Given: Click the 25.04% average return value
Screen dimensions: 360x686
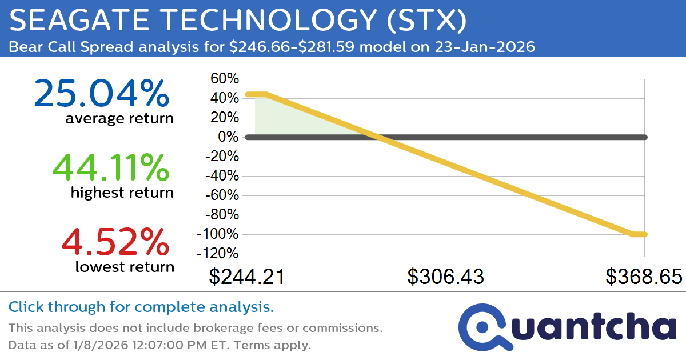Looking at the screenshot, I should (102, 94).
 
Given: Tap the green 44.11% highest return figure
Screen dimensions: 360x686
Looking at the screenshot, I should (110, 167).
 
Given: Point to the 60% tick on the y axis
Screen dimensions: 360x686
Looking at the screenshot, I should (225, 78).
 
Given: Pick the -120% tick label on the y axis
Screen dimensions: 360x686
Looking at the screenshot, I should (218, 254).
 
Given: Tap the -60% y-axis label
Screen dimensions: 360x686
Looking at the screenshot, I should (221, 195).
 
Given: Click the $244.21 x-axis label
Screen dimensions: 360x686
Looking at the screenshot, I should (247, 277).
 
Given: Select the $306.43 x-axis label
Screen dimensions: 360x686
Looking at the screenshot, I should (445, 277).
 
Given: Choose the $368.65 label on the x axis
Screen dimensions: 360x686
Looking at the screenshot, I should (644, 277).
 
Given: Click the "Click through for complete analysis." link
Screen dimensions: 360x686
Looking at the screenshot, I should (141, 307).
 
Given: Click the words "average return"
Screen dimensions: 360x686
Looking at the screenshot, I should (119, 119).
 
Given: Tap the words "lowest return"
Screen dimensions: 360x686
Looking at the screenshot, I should (124, 266).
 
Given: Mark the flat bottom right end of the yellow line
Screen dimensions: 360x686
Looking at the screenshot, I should (639, 234).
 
